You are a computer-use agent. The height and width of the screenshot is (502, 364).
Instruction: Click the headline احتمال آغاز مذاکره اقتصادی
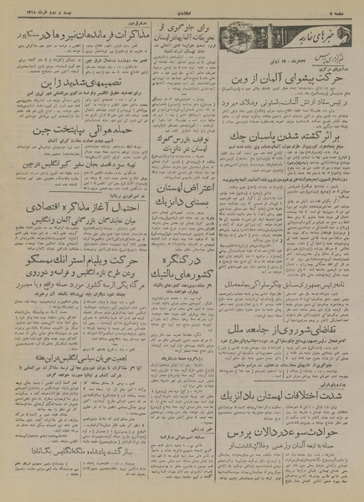(x=67, y=203)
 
